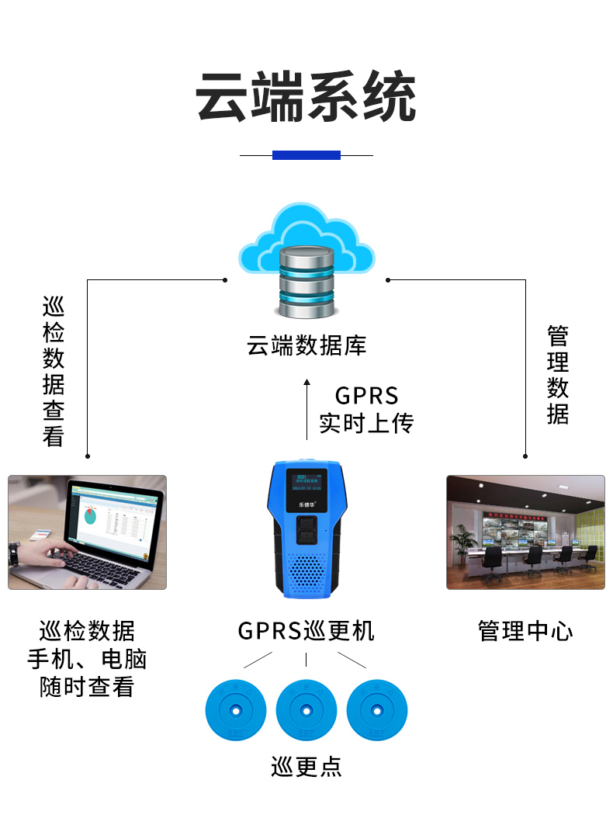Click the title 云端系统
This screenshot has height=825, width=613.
(x=306, y=98)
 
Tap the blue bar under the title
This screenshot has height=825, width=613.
(x=306, y=155)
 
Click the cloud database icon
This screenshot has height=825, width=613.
(x=306, y=260)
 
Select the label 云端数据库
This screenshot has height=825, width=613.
(x=306, y=345)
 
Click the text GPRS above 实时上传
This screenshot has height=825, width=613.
(x=366, y=396)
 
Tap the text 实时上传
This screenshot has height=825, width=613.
(x=366, y=424)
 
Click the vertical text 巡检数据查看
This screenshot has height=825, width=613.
(x=54, y=371)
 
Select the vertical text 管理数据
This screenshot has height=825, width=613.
(x=557, y=375)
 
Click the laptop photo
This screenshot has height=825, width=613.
(x=87, y=532)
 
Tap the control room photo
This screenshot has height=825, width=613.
(x=525, y=532)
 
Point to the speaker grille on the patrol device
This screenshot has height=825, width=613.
(x=306, y=573)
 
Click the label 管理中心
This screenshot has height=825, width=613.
(x=525, y=631)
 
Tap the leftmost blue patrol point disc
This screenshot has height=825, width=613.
(x=235, y=709)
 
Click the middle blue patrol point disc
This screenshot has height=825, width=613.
(x=306, y=709)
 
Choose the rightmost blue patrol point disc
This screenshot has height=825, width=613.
(x=377, y=709)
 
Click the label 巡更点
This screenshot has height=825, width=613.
(x=306, y=767)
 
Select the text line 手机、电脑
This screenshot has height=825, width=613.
(x=87, y=660)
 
